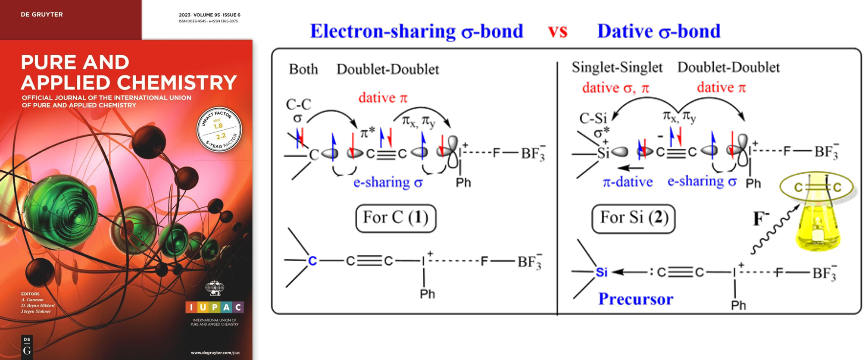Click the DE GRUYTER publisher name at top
(x=41, y=15)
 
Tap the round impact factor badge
(x=219, y=129)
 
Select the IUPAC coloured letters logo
(x=215, y=307)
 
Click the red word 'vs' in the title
(x=557, y=31)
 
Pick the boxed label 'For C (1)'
(x=396, y=218)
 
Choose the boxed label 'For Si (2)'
(x=633, y=218)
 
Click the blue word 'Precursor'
(x=636, y=299)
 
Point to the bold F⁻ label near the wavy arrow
(x=761, y=219)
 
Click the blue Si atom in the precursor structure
(x=601, y=272)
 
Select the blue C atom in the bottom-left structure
(x=312, y=261)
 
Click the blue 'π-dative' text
(x=628, y=182)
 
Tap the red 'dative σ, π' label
(x=615, y=88)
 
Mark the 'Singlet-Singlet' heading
(x=617, y=67)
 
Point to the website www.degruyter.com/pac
(x=215, y=353)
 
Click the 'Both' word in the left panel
(x=303, y=69)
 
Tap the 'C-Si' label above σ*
(x=593, y=118)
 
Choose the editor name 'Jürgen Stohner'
(x=36, y=311)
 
